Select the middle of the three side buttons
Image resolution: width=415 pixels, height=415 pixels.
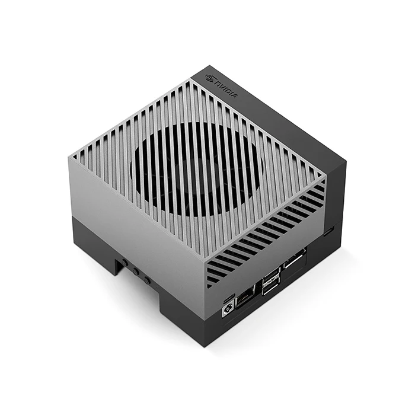(136, 272)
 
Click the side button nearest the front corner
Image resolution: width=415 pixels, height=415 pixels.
(147, 278)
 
